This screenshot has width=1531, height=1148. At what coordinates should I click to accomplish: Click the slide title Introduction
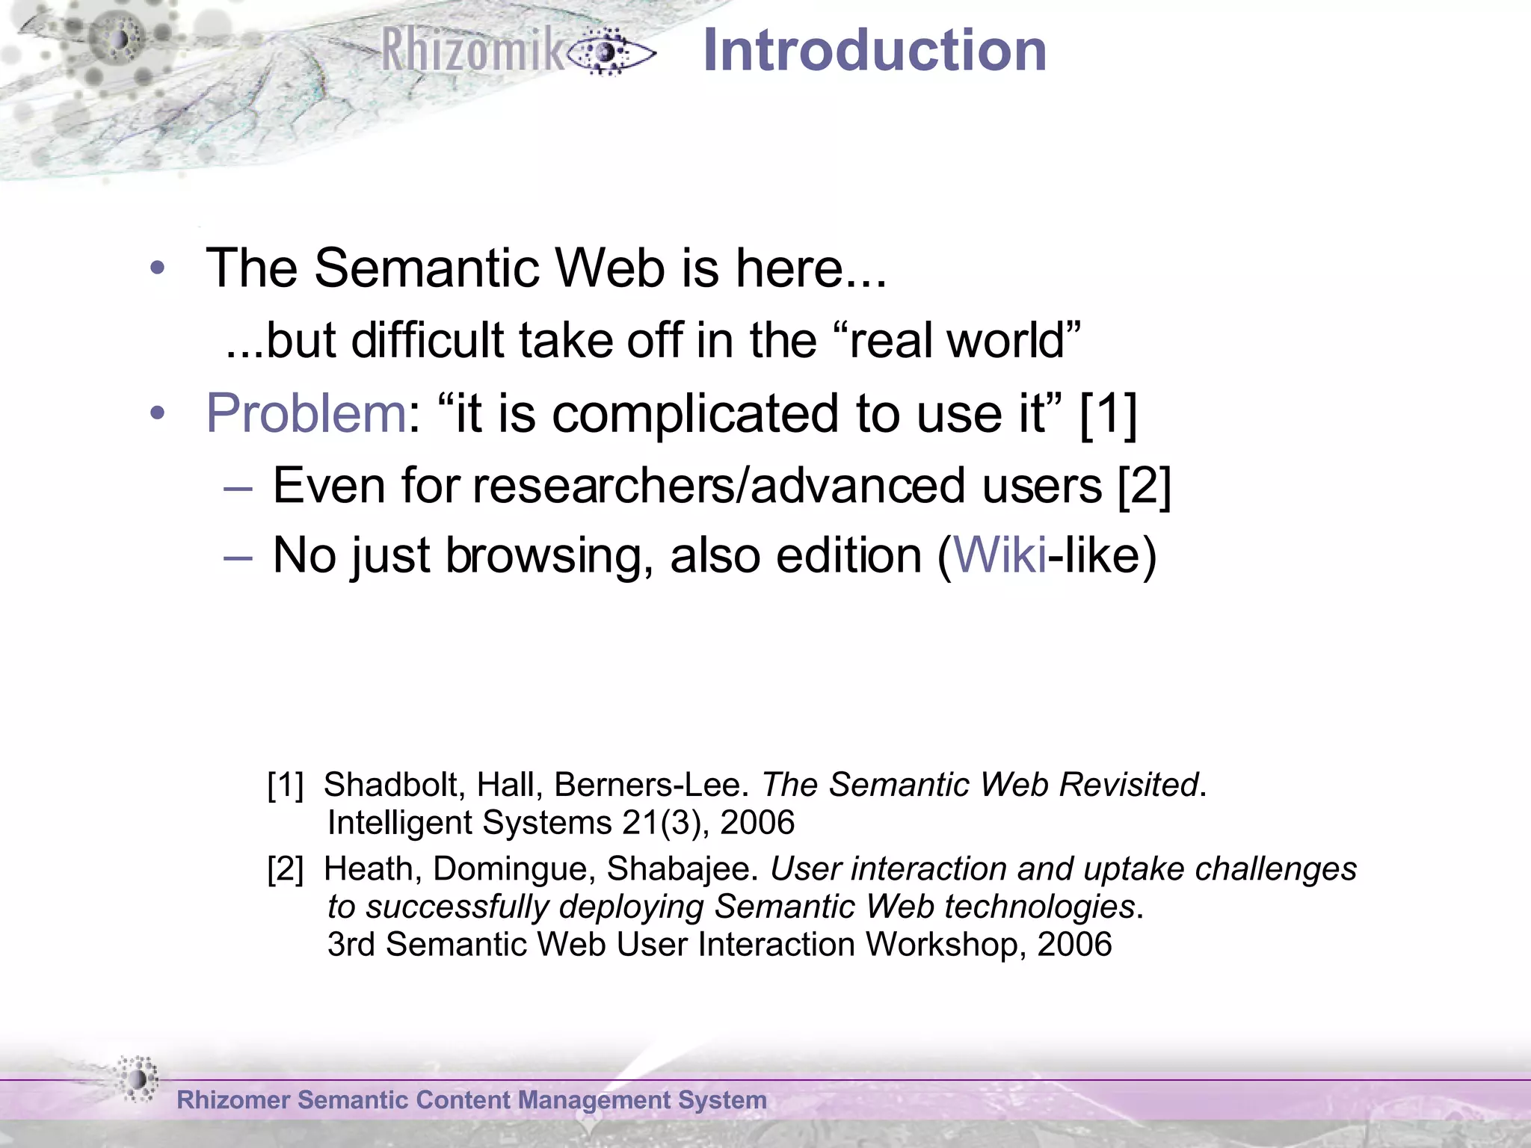click(x=875, y=51)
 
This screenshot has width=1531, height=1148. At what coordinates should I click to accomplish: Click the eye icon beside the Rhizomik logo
click(x=609, y=52)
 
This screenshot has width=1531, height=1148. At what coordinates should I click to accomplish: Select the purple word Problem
click(x=306, y=413)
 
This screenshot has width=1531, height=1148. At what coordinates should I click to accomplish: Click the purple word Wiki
click(x=1000, y=555)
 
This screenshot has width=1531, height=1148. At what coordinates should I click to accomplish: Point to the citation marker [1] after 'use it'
click(x=1109, y=413)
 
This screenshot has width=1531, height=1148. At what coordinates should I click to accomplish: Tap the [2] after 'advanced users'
click(x=1144, y=486)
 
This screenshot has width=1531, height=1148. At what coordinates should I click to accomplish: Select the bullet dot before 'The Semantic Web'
click(x=157, y=268)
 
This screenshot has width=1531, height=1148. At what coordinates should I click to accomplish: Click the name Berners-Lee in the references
click(x=651, y=785)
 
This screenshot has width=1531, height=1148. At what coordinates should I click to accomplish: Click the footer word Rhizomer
click(x=232, y=1100)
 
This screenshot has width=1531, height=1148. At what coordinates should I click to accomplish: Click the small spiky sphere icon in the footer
click(x=138, y=1078)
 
